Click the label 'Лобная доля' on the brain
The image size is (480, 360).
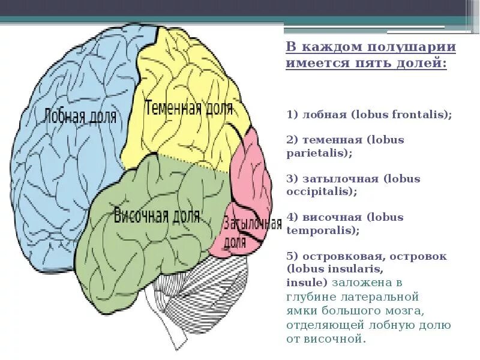80,115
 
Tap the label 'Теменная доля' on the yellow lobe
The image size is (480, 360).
188,109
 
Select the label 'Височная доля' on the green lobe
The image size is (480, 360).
157,215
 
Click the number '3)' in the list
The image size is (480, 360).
292,179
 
